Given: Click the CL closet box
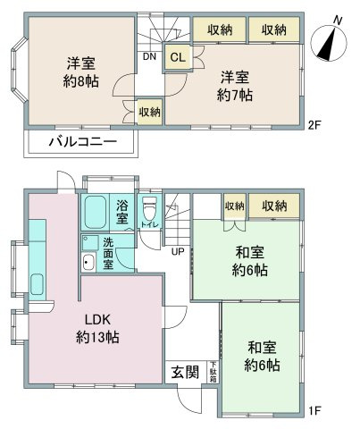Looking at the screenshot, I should pyautogui.click(x=177, y=57).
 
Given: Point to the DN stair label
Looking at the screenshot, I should pyautogui.click(x=148, y=56).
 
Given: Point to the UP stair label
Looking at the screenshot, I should pyautogui.click(x=178, y=251).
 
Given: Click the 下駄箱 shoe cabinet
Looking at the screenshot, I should pyautogui.click(x=213, y=369).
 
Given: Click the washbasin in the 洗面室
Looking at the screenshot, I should pyautogui.click(x=89, y=263).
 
